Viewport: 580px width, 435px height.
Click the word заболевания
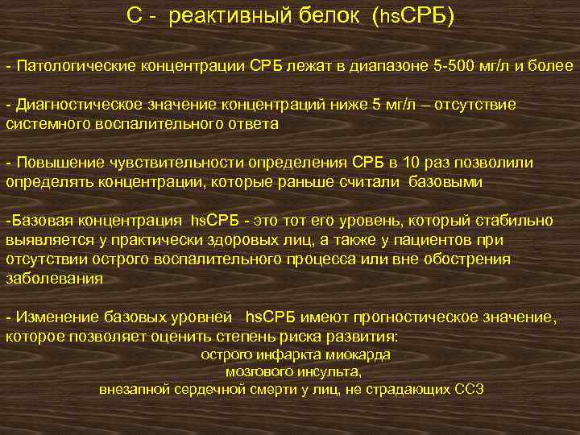(x=54, y=279)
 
